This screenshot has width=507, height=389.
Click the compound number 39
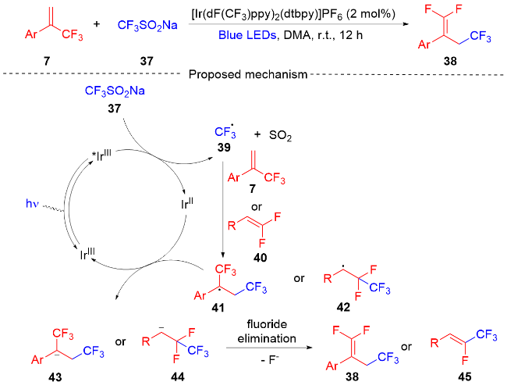pos(225,148)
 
